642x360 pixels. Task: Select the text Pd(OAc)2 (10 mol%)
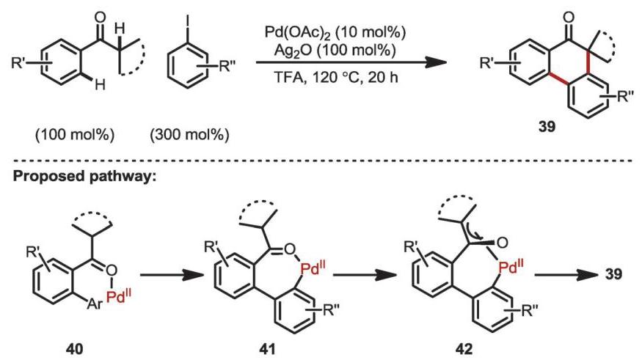point(335,33)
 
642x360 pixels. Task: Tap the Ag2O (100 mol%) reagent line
point(335,51)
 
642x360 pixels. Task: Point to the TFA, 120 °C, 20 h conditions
point(335,76)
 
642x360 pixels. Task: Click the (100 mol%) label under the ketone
point(75,135)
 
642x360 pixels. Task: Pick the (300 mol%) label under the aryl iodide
point(189,135)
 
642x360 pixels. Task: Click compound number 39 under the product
point(547,127)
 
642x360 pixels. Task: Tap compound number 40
point(76,349)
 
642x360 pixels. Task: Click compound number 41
point(267,349)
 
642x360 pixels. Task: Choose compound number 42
point(465,349)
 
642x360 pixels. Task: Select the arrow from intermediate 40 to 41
point(172,276)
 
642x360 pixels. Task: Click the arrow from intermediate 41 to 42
point(365,276)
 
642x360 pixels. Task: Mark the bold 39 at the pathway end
point(613,273)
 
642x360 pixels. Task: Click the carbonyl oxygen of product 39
point(569,18)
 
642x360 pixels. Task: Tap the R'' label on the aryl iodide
point(229,66)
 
